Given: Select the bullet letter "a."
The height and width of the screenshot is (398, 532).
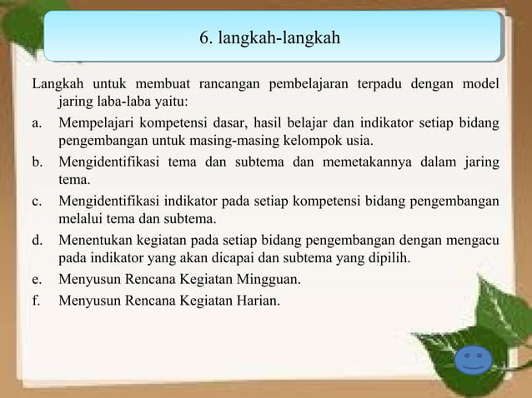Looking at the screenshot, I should tap(38, 123).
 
